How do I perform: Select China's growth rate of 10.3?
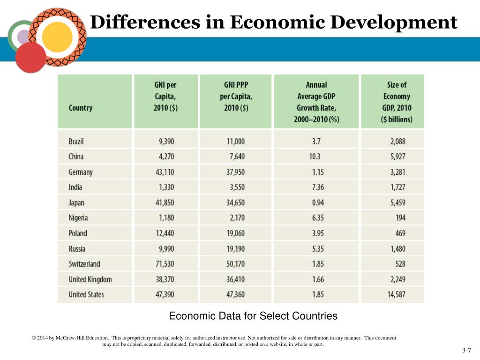point(315,157)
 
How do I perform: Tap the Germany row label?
point(81,172)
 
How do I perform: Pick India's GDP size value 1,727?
point(398,187)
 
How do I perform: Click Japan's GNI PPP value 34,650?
point(235,202)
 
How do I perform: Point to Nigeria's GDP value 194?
point(400,217)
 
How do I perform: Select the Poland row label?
point(78,233)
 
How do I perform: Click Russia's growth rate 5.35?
point(318,248)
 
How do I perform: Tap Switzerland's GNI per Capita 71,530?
point(165,264)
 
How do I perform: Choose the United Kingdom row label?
point(90,279)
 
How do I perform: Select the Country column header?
point(81,108)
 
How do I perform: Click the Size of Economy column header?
point(397,102)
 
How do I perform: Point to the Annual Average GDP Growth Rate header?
point(316,102)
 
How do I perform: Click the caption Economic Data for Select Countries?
point(253,316)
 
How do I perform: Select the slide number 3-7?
point(466,351)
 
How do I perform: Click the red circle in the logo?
point(31,57)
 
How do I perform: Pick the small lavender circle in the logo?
point(22,36)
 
